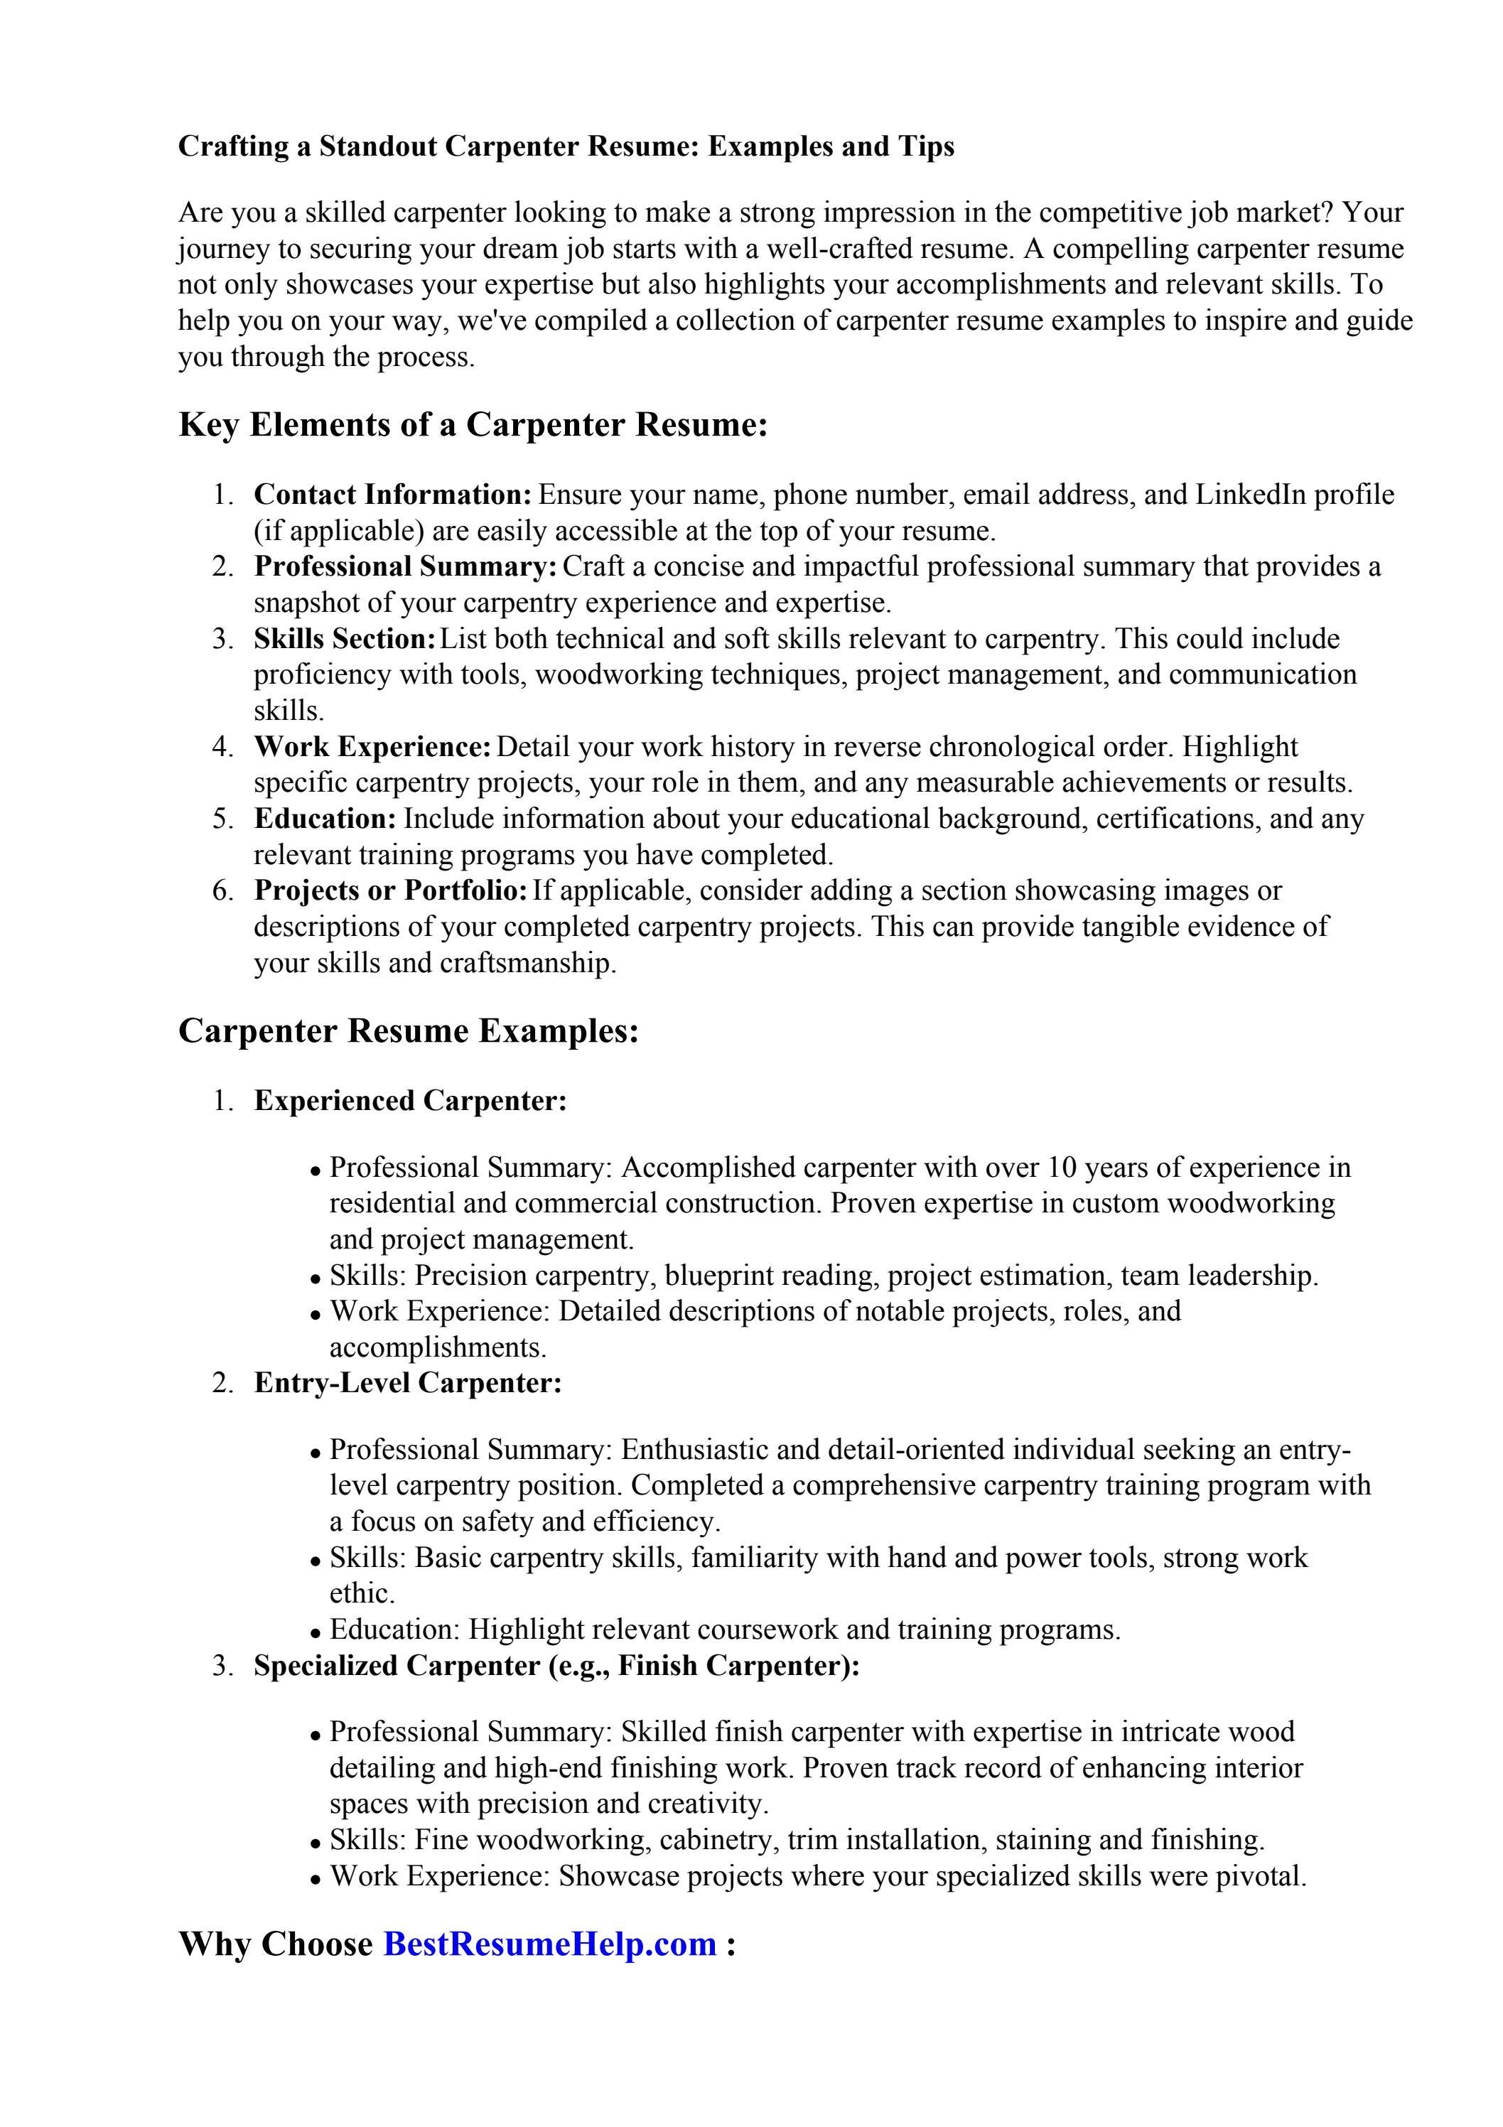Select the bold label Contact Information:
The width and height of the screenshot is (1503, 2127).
(393, 495)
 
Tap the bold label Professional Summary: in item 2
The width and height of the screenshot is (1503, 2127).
(406, 566)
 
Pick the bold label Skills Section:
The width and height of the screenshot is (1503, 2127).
(345, 638)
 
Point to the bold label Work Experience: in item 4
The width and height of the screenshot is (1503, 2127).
(372, 747)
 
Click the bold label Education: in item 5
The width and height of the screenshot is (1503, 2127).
(325, 819)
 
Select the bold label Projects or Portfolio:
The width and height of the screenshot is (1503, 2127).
(391, 890)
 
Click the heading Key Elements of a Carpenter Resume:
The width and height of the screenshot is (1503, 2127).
(473, 424)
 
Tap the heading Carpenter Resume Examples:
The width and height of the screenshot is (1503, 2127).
(409, 1031)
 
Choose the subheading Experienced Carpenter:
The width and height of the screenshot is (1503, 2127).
(411, 1101)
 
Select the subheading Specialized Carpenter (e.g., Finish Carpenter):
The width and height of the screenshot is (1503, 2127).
(557, 1666)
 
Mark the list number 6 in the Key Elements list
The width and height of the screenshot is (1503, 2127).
(222, 891)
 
